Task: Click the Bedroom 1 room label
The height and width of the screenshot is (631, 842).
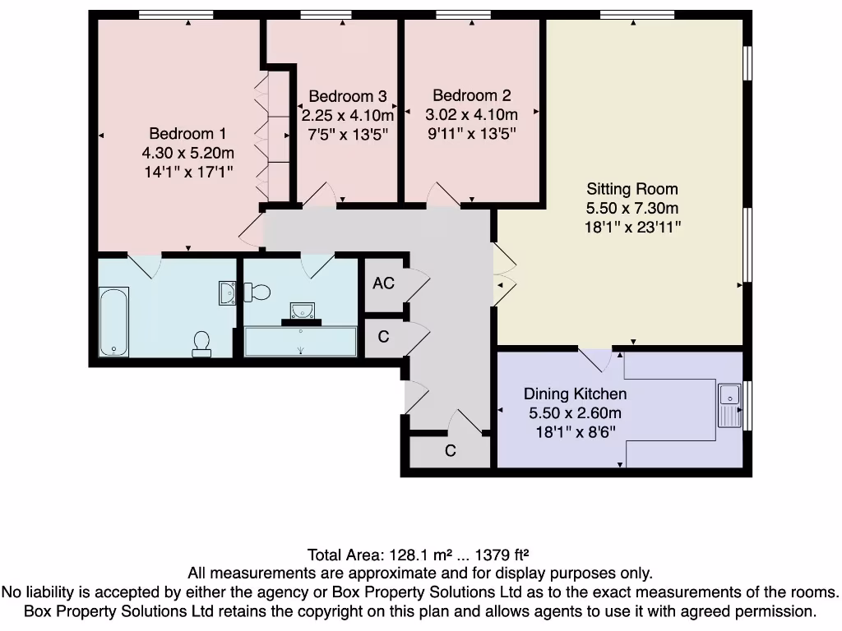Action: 187,134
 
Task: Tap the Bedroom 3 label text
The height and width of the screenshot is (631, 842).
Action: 347,96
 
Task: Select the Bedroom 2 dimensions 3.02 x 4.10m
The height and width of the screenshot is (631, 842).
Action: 471,115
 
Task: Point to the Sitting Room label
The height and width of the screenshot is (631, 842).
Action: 631,189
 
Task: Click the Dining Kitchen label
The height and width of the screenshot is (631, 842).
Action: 575,394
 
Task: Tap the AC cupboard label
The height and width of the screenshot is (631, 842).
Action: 383,283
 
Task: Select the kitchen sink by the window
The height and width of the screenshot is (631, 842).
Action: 729,405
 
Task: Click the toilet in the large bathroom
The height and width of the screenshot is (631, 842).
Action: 201,344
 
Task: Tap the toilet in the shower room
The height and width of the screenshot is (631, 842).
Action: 260,292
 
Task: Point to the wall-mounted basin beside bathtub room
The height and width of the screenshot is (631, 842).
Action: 228,292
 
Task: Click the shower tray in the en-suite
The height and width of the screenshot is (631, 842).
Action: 300,341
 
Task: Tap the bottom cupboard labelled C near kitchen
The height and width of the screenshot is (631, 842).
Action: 451,451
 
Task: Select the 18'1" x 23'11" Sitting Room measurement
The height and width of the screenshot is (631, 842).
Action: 632,227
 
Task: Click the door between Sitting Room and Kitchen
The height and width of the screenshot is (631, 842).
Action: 594,359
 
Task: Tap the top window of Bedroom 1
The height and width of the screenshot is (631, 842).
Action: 175,14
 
